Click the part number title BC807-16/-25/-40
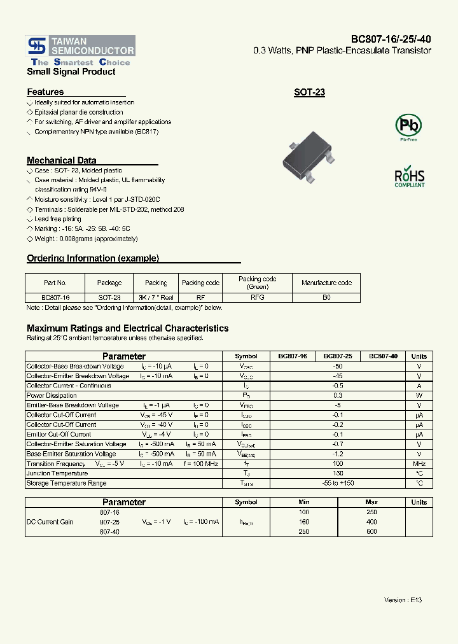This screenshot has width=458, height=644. [391, 39]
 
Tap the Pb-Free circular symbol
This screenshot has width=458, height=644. [408, 125]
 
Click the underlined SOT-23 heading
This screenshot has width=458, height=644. [309, 92]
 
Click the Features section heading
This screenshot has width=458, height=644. [45, 92]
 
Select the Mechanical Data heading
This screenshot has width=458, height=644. [62, 160]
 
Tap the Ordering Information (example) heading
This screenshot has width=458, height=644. [93, 258]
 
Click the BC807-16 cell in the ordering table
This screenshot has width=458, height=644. [55, 297]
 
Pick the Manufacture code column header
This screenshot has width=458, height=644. [326, 283]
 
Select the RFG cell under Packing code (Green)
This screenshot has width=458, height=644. [257, 297]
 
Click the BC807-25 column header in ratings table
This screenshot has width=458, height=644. [337, 356]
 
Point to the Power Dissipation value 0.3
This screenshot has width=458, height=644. [337, 395]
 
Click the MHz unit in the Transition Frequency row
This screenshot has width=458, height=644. [419, 464]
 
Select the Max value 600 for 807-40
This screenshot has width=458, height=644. [371, 531]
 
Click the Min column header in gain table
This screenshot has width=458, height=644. [303, 502]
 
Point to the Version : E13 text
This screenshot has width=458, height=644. [403, 600]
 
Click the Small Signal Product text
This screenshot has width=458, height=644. [71, 72]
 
